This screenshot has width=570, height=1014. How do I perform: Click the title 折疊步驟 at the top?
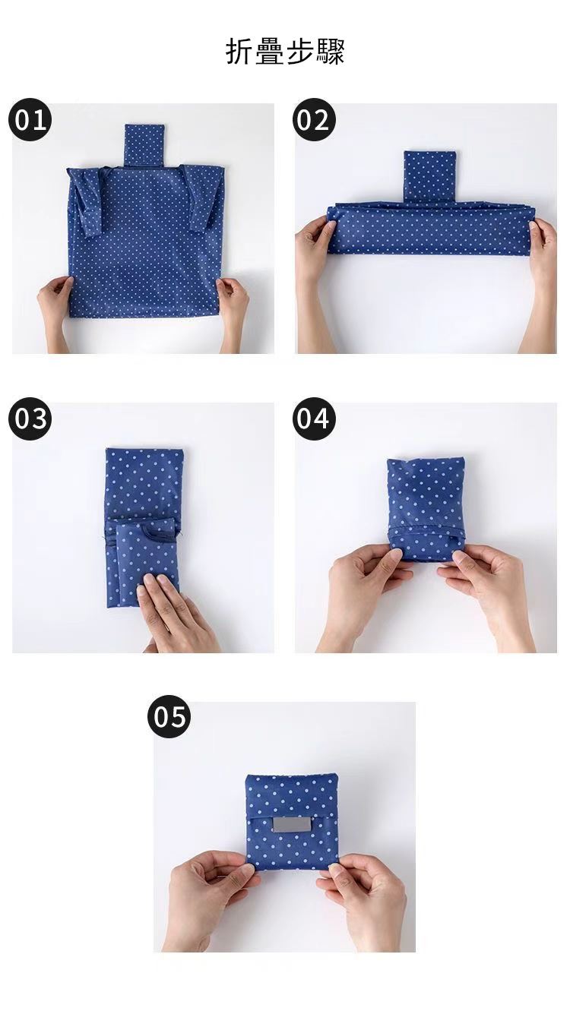285,51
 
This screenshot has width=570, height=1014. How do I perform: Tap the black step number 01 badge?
30,120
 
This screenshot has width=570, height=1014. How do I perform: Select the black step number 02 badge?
314,120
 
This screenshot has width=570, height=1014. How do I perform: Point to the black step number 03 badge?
30,419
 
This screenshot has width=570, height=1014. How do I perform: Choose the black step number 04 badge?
314,419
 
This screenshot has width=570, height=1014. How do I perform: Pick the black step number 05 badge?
169,716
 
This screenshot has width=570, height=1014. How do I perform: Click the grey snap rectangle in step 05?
290,825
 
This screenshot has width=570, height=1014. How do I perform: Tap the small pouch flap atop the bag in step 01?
143,145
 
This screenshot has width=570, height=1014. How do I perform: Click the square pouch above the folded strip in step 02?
430,176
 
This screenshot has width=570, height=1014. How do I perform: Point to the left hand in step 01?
55,312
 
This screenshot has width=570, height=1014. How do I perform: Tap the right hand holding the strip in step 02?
539,281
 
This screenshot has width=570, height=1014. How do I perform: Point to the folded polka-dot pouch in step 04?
426,508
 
